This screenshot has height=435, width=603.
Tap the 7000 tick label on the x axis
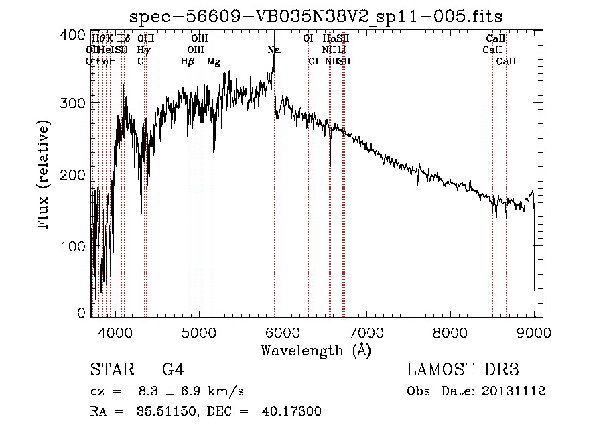pos(366,331)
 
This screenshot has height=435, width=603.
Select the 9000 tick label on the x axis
pos(534,331)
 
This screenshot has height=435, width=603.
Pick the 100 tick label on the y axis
pos(78,246)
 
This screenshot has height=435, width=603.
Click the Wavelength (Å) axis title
pos(316,350)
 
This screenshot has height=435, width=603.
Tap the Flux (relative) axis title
pos(45,176)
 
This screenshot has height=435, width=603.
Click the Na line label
pos(273,50)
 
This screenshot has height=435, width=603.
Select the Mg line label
pos(214,62)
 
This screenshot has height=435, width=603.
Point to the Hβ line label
pos(187,62)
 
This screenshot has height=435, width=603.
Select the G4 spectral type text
pos(173,370)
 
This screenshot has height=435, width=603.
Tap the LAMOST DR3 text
pos(463,370)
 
